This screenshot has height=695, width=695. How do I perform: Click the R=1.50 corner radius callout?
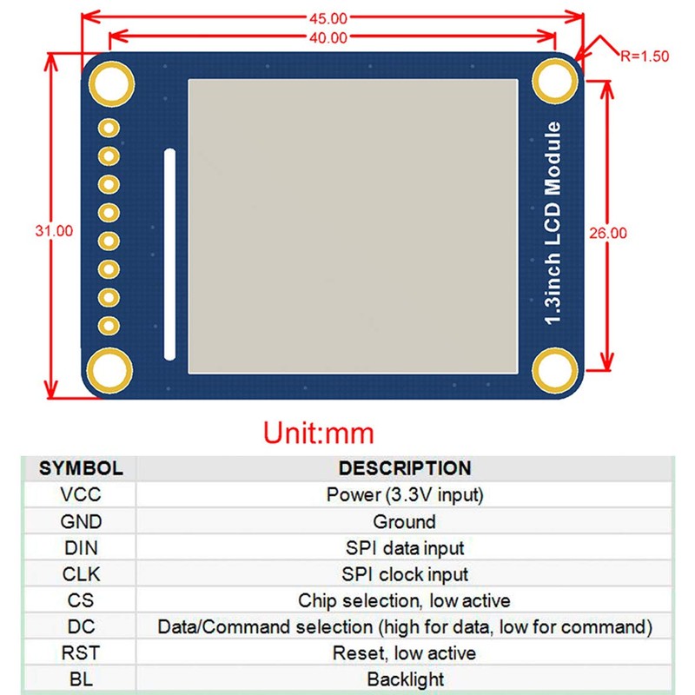pos(645,56)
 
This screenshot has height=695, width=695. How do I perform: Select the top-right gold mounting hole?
pos(554,83)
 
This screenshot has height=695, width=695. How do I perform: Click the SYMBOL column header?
pos(81,468)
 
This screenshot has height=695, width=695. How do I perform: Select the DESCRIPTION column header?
pos(404,468)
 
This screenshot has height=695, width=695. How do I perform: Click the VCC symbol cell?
pos(81,495)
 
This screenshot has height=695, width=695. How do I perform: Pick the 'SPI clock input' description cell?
pos(404,574)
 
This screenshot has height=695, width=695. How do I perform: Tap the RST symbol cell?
pos(81,652)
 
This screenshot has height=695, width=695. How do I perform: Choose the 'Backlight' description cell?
pos(404,678)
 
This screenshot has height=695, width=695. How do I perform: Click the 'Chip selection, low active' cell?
pos(404,600)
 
